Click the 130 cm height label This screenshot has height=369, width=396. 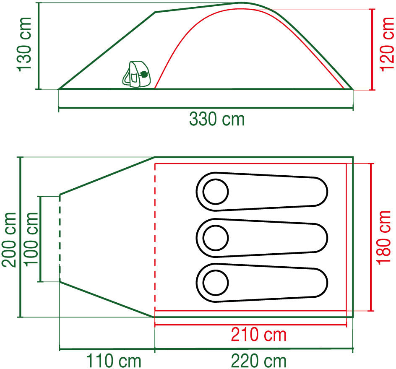click(24, 44)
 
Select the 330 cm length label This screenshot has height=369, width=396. click(216, 120)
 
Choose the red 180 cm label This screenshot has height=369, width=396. click(385, 237)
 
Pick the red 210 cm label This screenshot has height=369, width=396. click(258, 335)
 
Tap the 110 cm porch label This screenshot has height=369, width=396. click(114, 361)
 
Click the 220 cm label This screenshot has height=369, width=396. click(258, 361)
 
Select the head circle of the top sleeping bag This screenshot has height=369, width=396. click(216, 192)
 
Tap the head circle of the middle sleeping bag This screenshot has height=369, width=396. click(216, 238)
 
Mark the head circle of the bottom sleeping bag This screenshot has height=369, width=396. click(216, 283)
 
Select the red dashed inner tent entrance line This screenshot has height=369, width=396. click(155, 237)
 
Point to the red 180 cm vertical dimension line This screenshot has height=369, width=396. click(371, 237)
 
